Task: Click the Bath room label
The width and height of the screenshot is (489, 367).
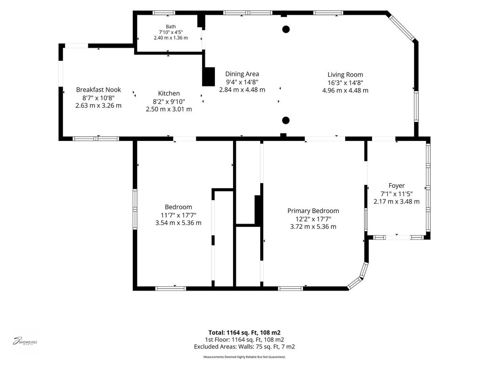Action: [170, 27]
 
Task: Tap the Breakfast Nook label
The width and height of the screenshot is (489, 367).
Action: [98, 90]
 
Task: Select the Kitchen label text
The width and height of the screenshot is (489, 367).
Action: [169, 93]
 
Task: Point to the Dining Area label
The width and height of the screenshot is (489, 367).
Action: [242, 74]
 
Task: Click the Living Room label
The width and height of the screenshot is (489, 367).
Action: [345, 75]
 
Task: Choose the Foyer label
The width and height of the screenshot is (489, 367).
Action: [397, 186]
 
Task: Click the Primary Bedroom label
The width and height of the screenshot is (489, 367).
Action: [313, 211]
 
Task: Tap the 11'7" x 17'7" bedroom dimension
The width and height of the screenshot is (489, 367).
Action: [179, 215]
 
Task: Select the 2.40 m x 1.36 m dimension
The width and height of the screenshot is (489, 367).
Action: [170, 38]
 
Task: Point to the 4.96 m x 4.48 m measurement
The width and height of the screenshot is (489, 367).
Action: [345, 90]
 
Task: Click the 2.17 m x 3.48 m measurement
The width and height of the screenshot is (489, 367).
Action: [397, 202]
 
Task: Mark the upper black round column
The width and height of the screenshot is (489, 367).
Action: [286, 29]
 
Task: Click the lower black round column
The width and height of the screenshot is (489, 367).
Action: [286, 120]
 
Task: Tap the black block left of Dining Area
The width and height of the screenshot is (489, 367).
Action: [209, 77]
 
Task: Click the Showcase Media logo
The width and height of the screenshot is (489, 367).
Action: [25, 341]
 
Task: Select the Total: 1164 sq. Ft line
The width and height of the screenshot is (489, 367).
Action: [244, 333]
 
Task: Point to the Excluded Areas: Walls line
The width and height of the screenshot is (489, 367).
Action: [244, 347]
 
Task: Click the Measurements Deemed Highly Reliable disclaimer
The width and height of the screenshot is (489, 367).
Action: [244, 356]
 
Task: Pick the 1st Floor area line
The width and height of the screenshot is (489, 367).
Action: [244, 340]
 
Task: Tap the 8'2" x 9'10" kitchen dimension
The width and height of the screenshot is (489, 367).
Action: [169, 101]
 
